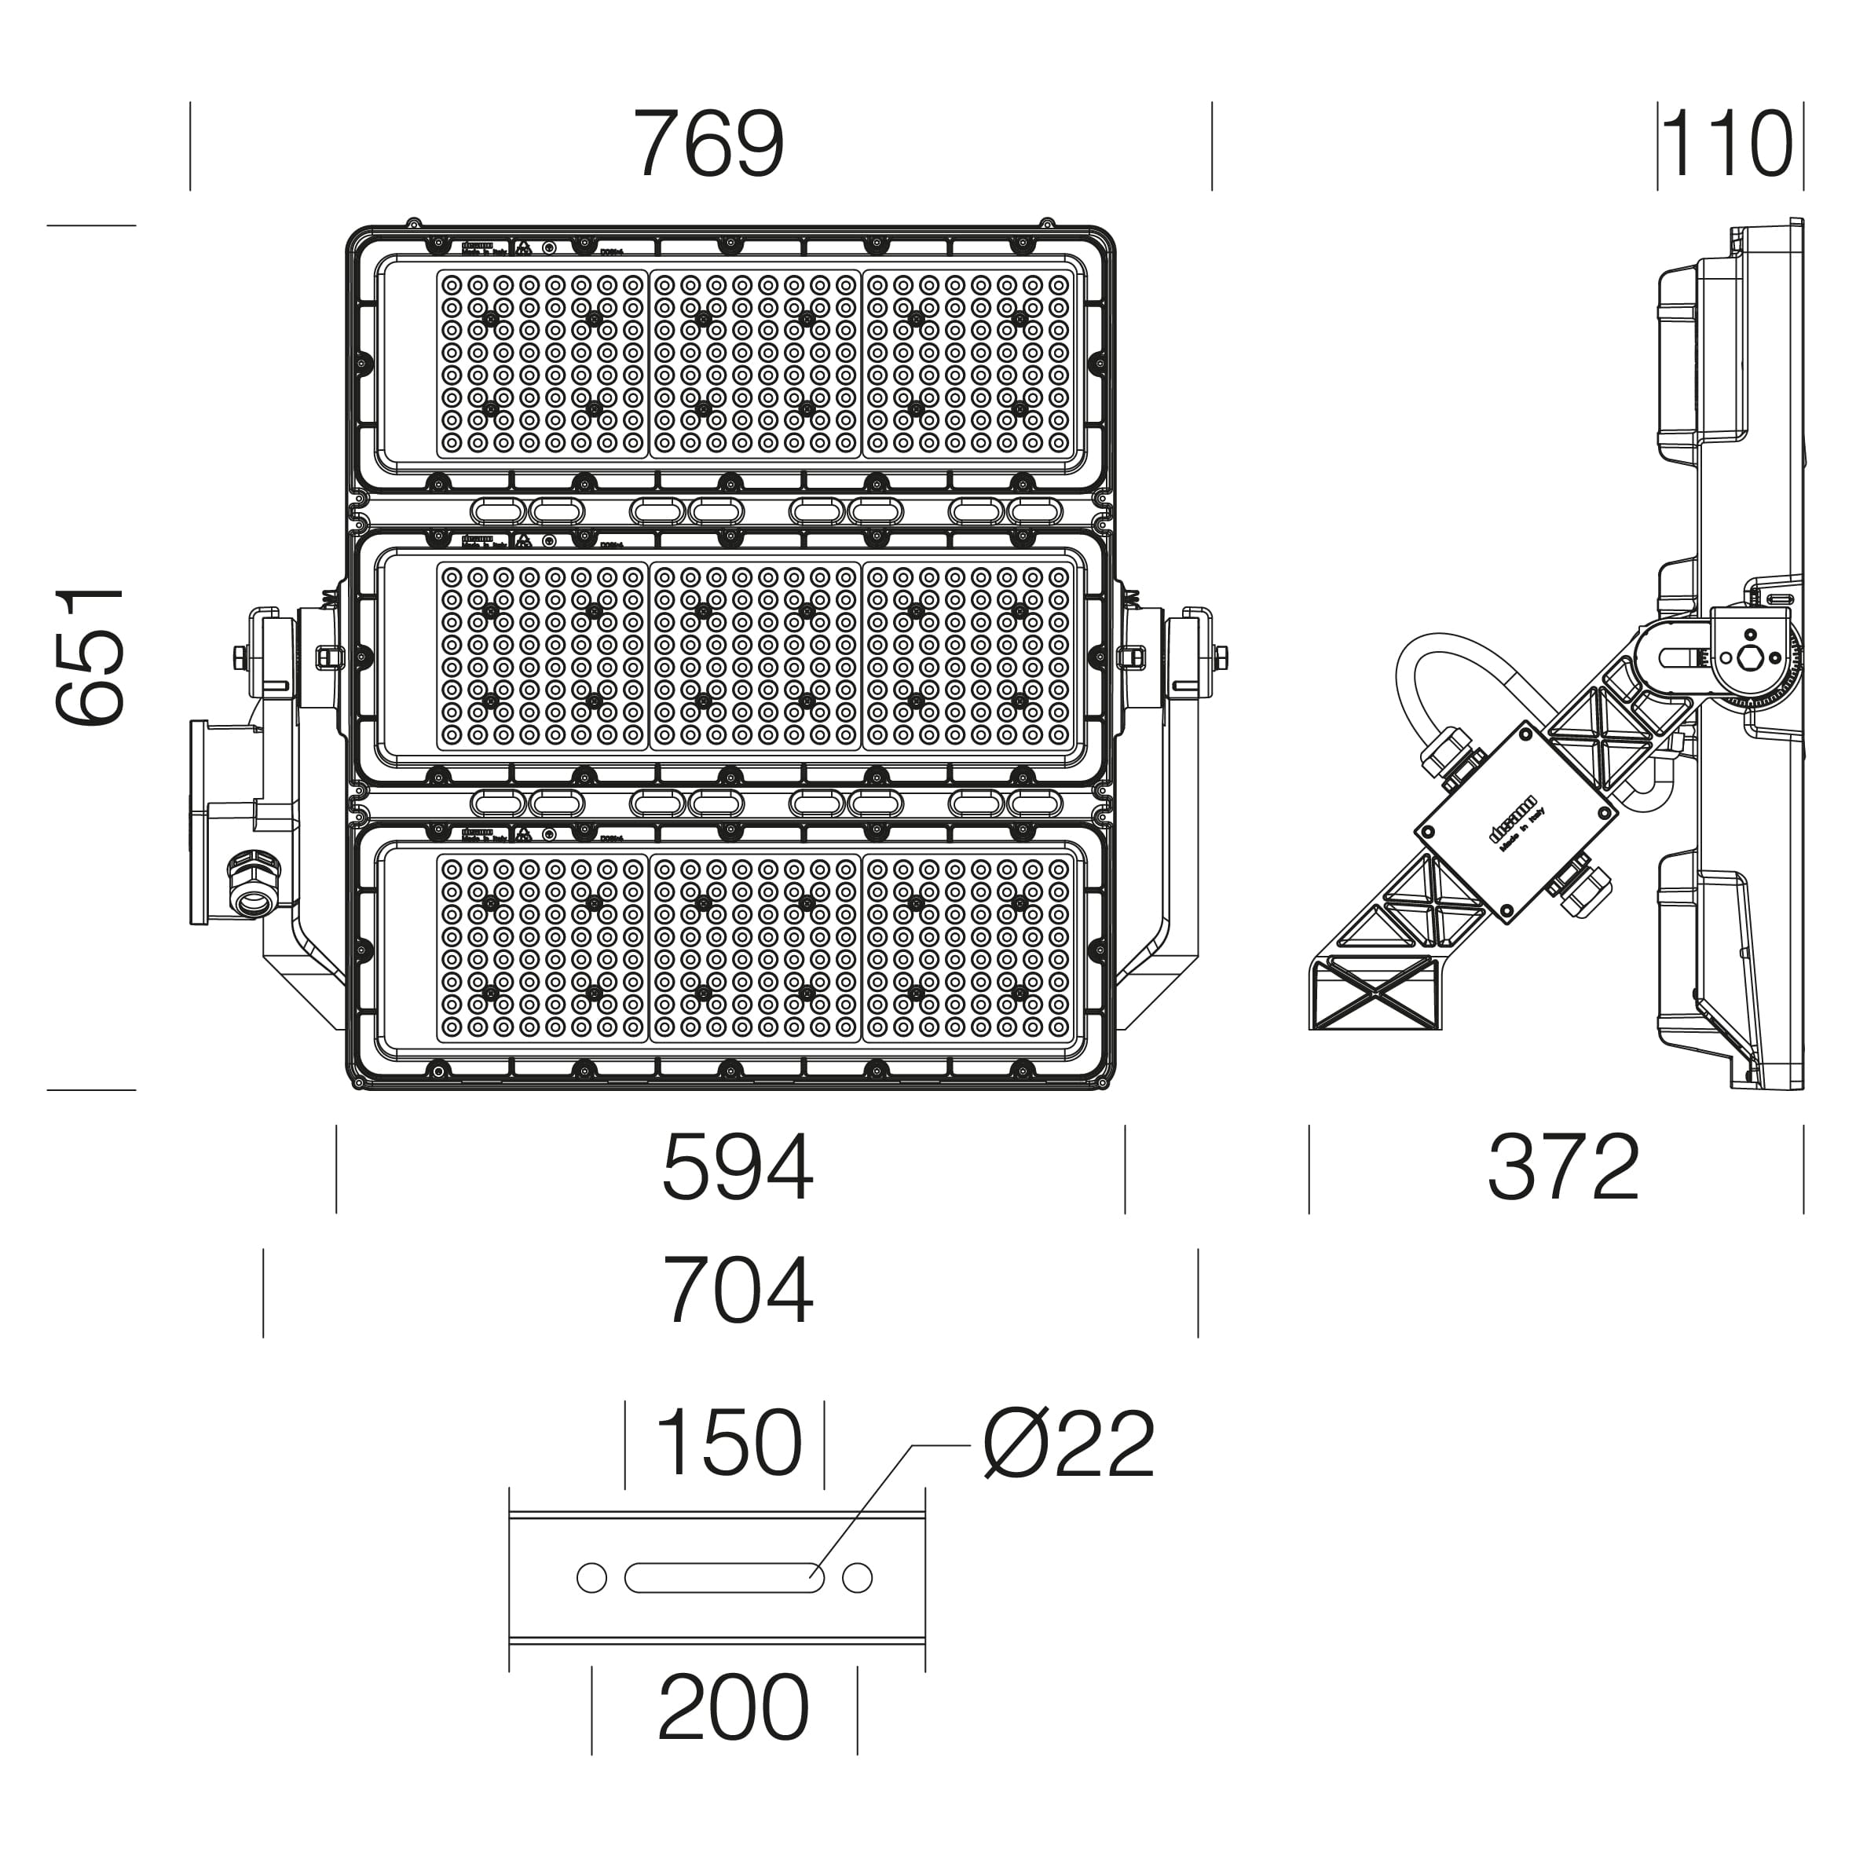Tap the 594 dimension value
(737, 1168)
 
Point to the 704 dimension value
(737, 1291)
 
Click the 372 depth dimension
(1563, 1168)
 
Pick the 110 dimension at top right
(1726, 144)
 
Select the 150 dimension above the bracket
(727, 1443)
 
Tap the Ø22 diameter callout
(1067, 1445)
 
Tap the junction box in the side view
(1515, 823)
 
